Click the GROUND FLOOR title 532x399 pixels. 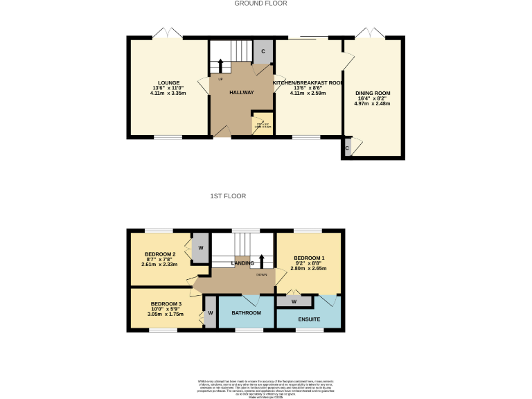click(x=260, y=3)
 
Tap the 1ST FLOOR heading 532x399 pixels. click(x=228, y=197)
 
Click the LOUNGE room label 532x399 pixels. click(x=168, y=82)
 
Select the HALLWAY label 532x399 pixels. click(x=242, y=92)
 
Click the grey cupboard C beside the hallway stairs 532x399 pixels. click(x=263, y=52)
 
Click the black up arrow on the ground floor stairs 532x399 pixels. click(x=220, y=66)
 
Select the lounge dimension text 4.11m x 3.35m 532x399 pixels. click(x=168, y=93)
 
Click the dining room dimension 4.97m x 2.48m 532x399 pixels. click(x=373, y=104)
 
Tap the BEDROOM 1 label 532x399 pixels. click(x=308, y=257)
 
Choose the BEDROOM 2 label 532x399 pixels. click(x=159, y=254)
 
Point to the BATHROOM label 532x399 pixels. click(x=246, y=313)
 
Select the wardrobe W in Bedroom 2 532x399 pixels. click(x=200, y=247)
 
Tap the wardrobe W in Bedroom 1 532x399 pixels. click(x=294, y=301)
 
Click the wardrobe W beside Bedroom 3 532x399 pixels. click(x=210, y=313)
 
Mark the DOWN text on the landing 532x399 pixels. click(x=261, y=275)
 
